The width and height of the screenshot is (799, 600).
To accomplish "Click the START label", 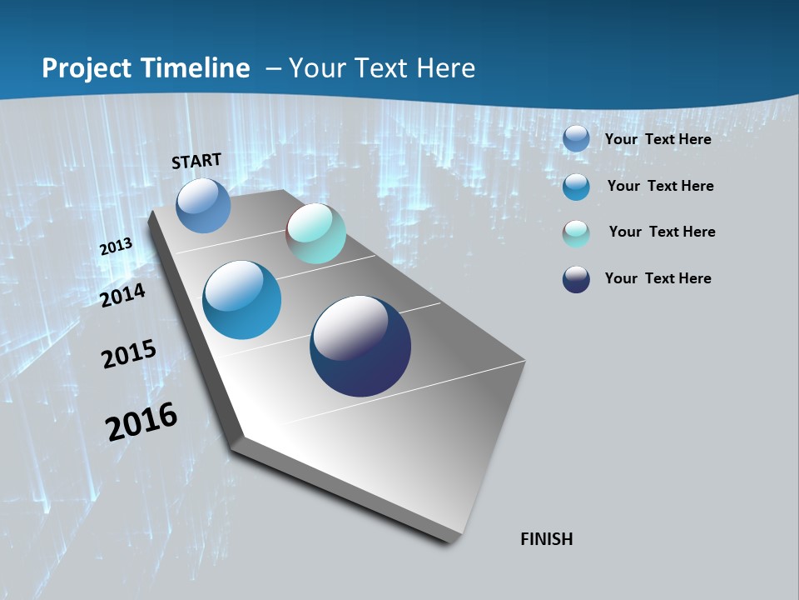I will point(196,161).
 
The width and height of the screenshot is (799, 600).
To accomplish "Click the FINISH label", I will point(547,539).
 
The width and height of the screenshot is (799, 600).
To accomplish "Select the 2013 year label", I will point(116,247).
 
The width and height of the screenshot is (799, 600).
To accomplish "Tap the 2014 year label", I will point(122,295).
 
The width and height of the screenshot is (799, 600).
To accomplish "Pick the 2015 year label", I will point(129,354).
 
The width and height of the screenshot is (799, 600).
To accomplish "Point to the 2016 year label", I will point(141,421).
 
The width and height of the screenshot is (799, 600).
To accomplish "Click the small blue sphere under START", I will point(203,205).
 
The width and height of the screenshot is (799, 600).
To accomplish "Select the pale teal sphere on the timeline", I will point(316,233).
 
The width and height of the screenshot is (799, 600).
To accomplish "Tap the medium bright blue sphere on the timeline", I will point(242,300).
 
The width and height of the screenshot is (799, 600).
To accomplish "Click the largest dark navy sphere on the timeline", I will point(360,346).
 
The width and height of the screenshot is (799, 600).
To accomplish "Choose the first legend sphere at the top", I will point(576,138).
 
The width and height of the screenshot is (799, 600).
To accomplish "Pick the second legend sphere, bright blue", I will point(576,187).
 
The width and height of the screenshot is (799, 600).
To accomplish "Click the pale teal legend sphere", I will point(576,233).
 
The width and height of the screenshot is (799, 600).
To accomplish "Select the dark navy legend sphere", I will point(576,279).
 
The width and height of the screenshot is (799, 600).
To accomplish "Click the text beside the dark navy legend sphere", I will point(658,278).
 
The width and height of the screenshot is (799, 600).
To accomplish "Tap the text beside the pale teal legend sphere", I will point(662,232).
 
